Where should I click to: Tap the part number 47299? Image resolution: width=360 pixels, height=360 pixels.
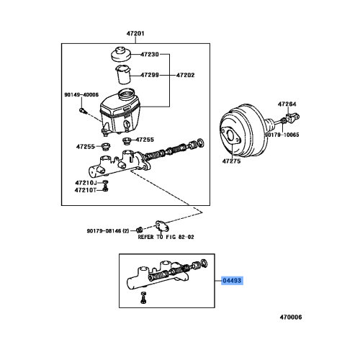click(x=150, y=75)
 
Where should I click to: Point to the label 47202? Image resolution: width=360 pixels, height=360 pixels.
click(x=186, y=75)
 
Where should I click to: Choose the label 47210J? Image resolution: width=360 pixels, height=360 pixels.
click(x=85, y=184)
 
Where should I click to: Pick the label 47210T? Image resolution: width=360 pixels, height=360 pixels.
click(x=85, y=192)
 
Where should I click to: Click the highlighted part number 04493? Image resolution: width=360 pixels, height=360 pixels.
click(x=233, y=283)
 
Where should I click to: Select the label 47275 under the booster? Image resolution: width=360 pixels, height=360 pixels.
click(x=232, y=163)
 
